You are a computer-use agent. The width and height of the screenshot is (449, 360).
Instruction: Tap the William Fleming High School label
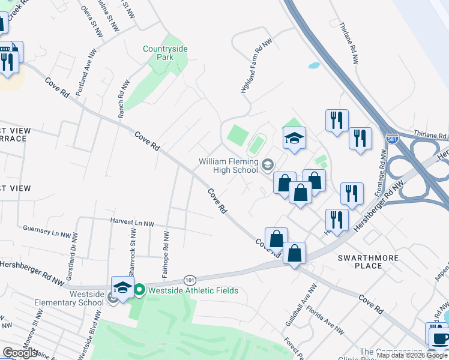point(229,165)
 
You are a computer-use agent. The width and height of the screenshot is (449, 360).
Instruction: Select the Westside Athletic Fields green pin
point(139,291)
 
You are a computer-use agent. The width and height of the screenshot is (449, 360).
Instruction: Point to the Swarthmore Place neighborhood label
point(368,261)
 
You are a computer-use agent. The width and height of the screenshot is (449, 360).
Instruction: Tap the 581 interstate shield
point(392,139)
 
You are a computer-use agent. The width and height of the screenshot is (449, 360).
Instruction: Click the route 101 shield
point(190,280)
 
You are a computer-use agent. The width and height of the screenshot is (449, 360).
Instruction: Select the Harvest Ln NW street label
point(132,223)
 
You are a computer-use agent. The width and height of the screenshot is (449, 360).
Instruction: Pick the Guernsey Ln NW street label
point(47,229)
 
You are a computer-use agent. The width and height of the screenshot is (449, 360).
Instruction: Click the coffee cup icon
point(439,337)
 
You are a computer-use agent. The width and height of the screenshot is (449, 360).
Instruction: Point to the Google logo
point(20,353)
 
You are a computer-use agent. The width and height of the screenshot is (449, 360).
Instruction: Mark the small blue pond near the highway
point(313,65)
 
